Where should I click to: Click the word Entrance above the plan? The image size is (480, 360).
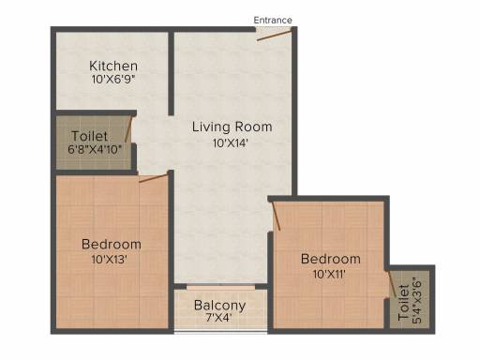click(x=273, y=21)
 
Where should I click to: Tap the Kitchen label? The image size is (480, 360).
click(x=113, y=66)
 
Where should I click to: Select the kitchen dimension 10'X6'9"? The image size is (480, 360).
click(x=113, y=80)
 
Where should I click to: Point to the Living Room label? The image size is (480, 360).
click(x=232, y=127)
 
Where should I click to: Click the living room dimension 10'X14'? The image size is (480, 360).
click(x=231, y=143)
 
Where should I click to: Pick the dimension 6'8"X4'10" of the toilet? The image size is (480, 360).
click(x=95, y=149)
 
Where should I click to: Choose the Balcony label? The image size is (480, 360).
click(x=219, y=306)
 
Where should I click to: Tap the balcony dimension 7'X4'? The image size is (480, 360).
click(x=218, y=318)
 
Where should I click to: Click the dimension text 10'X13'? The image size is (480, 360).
click(x=109, y=260)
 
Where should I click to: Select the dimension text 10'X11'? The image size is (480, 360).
click(x=329, y=275)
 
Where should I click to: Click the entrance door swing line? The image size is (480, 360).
click(x=274, y=35)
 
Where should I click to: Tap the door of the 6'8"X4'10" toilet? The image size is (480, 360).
click(x=128, y=129)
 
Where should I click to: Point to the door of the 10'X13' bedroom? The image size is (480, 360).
click(x=154, y=178)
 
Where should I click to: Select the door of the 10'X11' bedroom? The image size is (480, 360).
click(x=277, y=217)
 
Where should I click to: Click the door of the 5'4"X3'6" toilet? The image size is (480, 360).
click(x=392, y=284)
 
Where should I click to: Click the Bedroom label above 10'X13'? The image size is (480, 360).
click(x=112, y=245)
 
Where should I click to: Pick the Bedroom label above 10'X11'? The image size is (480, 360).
click(x=331, y=259)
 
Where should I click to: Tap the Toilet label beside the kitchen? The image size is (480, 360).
click(x=89, y=136)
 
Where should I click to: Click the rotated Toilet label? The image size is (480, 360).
click(x=403, y=303)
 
